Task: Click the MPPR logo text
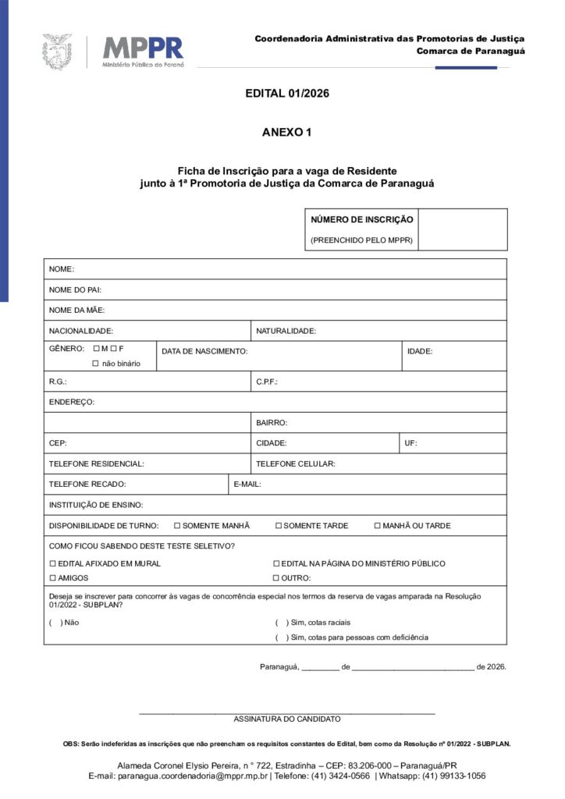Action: click(x=144, y=48)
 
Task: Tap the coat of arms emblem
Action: click(x=57, y=51)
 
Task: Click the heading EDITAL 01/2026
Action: click(x=287, y=94)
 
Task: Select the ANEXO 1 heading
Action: click(x=287, y=133)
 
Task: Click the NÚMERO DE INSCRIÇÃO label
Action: click(x=362, y=220)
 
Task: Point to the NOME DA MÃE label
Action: click(x=71, y=311)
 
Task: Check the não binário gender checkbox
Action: click(x=96, y=364)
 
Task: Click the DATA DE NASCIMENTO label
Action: click(x=204, y=352)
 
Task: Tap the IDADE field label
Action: click(x=420, y=352)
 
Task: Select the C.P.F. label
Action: click(x=267, y=382)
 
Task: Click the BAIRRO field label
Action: click(x=272, y=423)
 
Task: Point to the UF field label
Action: click(x=410, y=443)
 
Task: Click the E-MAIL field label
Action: click(x=247, y=485)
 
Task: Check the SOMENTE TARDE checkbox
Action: click(x=279, y=526)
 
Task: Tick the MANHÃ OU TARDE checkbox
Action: click(x=378, y=526)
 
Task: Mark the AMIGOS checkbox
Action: click(x=53, y=578)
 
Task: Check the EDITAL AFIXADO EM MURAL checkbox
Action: click(x=53, y=563)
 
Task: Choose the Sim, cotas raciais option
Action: click(x=279, y=623)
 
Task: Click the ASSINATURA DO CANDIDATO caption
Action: click(x=287, y=719)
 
